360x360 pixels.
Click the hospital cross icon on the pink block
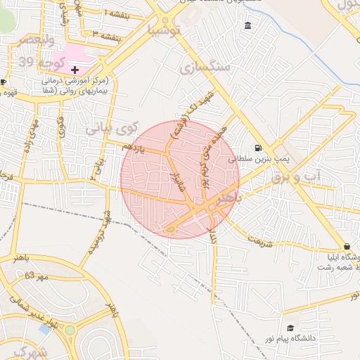coord(75,70)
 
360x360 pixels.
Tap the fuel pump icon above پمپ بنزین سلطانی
coord(258,148)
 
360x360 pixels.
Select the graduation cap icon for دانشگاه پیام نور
coord(290,328)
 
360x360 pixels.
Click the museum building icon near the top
coord(247,26)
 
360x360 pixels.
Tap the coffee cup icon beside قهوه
coord(4,82)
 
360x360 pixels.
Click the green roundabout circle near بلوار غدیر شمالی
coord(70,330)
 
